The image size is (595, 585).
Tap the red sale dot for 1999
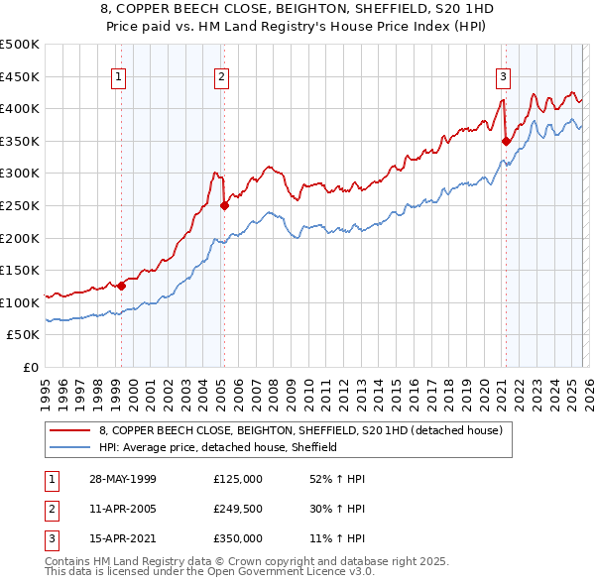[x=121, y=287]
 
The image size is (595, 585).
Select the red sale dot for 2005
[x=224, y=206]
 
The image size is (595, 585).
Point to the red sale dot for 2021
[x=506, y=141]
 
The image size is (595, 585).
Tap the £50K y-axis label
[x=24, y=335]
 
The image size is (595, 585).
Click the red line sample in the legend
[x=70, y=430]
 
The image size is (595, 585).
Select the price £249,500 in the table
[x=238, y=509]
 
